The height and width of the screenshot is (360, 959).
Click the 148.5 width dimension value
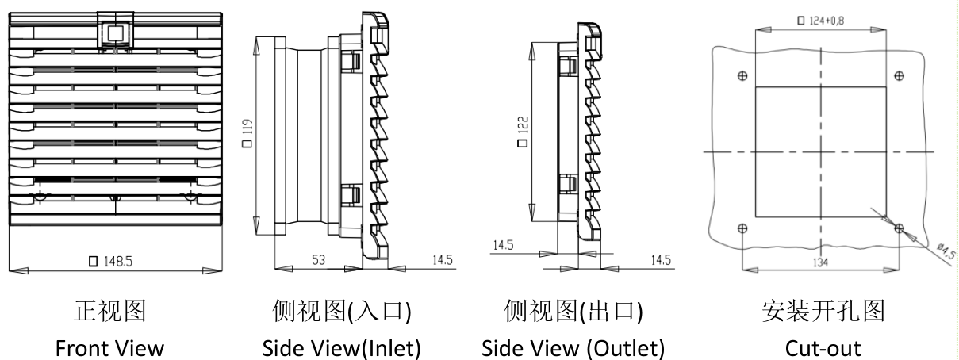(113, 261)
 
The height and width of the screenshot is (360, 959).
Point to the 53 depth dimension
(318, 259)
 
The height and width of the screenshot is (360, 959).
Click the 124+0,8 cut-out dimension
(818, 18)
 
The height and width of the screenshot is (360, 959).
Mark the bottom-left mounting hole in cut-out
(742, 228)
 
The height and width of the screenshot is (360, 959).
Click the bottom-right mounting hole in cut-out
(899, 228)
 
